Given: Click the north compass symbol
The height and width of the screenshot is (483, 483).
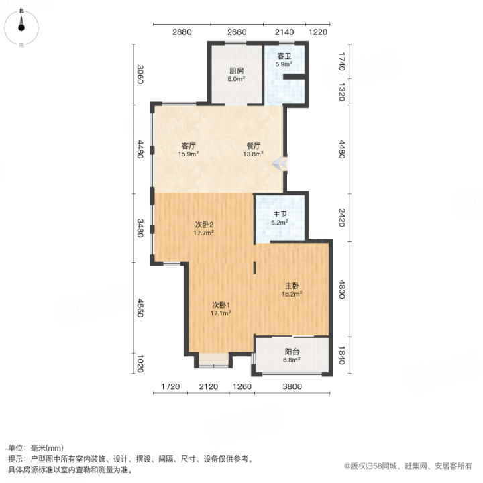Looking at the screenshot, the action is [21, 28].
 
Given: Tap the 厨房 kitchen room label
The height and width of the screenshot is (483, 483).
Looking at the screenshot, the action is [237, 71].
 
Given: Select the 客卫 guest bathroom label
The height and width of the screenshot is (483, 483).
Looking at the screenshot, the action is [284, 56].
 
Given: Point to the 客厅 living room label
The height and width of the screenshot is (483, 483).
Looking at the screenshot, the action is [189, 146].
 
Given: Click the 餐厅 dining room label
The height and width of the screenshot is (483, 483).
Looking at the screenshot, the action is [253, 146].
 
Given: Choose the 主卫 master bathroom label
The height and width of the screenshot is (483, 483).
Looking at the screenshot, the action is [280, 215].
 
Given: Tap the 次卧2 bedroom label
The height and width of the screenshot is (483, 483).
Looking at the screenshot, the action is [204, 225].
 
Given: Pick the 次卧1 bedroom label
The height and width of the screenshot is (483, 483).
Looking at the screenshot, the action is [221, 305].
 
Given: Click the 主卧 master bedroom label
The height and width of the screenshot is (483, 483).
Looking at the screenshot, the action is [292, 286].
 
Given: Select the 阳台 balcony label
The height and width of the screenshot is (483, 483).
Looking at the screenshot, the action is [292, 352].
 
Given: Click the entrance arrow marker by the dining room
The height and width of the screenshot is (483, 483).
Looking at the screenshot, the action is [280, 164].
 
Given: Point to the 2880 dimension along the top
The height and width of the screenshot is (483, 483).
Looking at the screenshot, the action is [182, 32].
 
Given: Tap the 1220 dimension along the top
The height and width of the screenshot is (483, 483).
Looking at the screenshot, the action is [318, 32].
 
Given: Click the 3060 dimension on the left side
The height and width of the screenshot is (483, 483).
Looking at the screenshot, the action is [140, 74].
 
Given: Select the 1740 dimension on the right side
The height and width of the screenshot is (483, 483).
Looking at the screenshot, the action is [342, 61].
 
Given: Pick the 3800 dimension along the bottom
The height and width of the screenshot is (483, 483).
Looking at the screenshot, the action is [292, 386].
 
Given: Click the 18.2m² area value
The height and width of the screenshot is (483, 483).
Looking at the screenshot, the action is [292, 294].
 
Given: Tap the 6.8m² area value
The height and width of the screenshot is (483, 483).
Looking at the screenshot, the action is [292, 360].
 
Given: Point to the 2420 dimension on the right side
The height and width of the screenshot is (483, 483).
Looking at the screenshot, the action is [342, 217].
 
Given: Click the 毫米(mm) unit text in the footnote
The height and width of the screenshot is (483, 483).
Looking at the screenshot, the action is [48, 448].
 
